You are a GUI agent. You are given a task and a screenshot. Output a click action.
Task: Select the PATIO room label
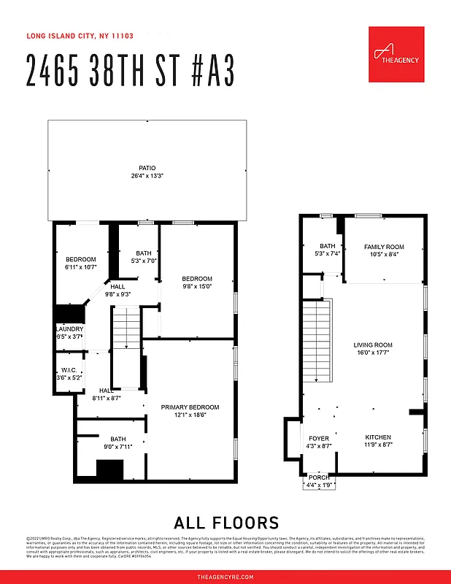[x=147, y=168]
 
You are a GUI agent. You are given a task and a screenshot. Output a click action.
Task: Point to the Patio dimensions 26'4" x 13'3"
[x=147, y=176]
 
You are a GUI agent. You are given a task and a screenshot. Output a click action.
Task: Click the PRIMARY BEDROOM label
[x=190, y=407]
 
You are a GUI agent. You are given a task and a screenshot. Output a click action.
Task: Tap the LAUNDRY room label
[x=70, y=329]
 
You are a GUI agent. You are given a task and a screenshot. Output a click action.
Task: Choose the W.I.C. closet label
[x=70, y=369]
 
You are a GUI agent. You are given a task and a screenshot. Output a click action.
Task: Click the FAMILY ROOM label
[x=384, y=247]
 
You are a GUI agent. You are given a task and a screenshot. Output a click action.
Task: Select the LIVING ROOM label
[x=373, y=345]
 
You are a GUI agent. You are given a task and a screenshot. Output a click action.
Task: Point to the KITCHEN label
[x=378, y=437]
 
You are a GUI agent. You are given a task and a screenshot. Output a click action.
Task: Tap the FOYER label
[x=319, y=438]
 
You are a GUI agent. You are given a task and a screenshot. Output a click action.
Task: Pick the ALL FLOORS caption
[x=226, y=523]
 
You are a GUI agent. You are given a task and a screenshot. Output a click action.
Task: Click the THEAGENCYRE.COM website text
[x=225, y=577]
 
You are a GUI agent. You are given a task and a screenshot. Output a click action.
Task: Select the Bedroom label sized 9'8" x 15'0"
[x=197, y=279]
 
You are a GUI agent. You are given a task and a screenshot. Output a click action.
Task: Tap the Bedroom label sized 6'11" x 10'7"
[x=80, y=260]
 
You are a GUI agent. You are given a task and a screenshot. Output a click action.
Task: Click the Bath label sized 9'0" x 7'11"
[x=118, y=439]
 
